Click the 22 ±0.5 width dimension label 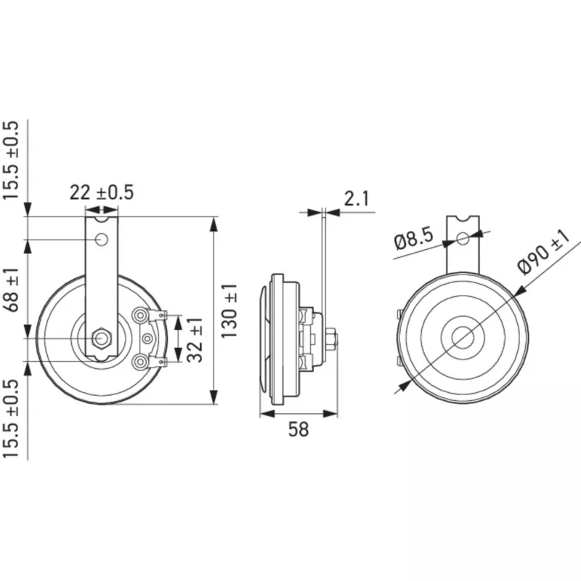click(102, 192)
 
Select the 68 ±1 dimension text click(12, 290)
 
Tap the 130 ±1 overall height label click(229, 312)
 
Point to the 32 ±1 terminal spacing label click(195, 340)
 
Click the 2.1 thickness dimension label click(357, 198)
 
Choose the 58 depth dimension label click(298, 429)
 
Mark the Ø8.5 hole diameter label click(414, 240)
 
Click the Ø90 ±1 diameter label click(545, 252)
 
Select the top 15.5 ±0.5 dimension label click(10, 160)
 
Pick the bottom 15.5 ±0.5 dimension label click(10, 418)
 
